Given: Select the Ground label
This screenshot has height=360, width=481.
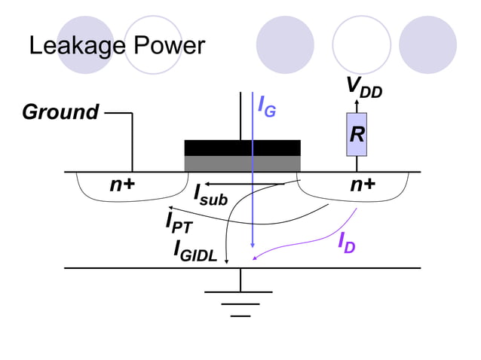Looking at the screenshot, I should [60, 113].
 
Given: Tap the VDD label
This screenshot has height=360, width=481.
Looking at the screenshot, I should [363, 87].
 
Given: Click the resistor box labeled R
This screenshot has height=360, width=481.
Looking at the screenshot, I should [357, 135].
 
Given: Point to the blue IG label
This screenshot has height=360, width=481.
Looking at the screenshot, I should [266, 108].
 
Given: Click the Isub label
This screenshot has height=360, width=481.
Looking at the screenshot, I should [210, 194].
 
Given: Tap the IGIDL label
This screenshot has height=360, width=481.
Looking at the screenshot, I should [195, 250].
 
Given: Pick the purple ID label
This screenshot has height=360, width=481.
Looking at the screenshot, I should [346, 243].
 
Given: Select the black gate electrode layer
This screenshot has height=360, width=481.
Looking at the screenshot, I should [242, 148].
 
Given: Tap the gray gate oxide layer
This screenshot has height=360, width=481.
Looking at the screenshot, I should [242, 163].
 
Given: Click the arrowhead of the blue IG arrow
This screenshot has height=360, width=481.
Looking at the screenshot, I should [253, 245].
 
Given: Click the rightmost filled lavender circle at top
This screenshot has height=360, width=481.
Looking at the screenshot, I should [428, 44].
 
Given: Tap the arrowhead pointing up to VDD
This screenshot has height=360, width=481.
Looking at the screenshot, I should [357, 103].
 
